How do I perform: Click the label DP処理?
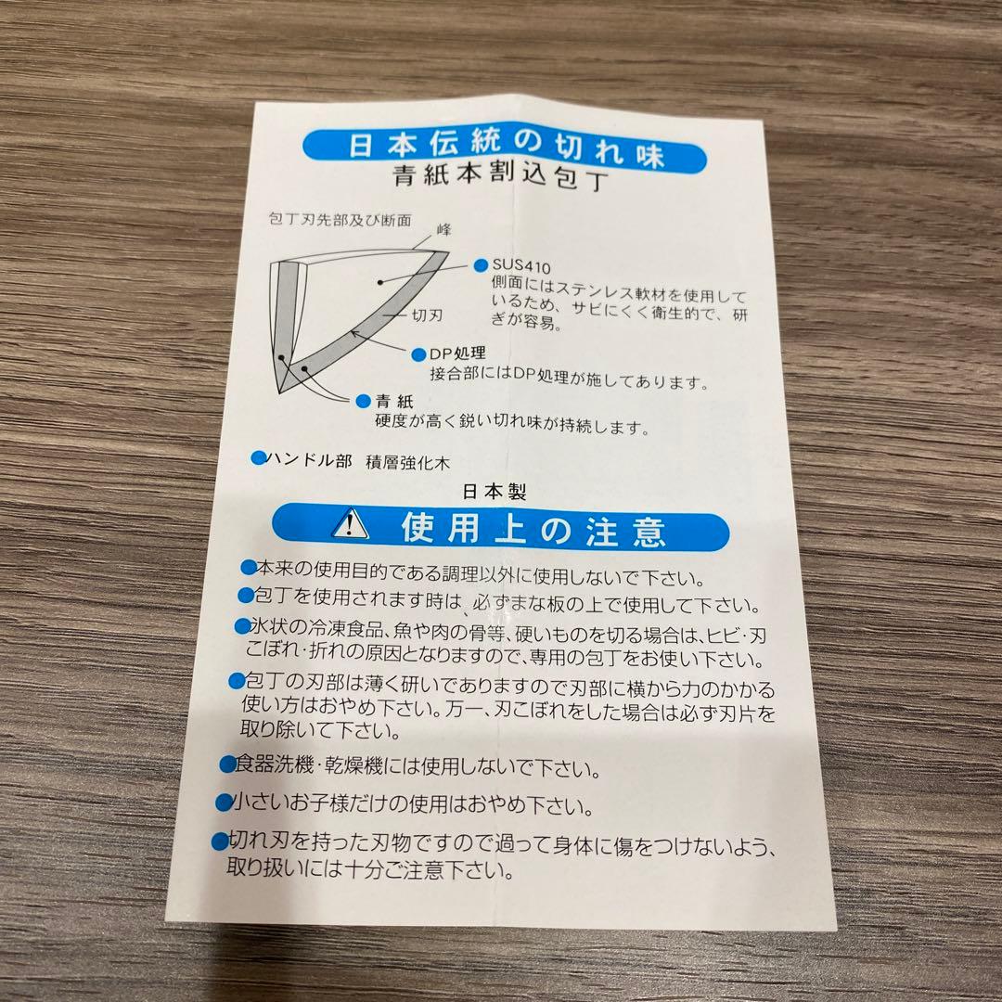coord(457,353)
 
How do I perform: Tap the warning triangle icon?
coord(348,526)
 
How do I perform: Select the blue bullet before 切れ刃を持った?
coord(220,841)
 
